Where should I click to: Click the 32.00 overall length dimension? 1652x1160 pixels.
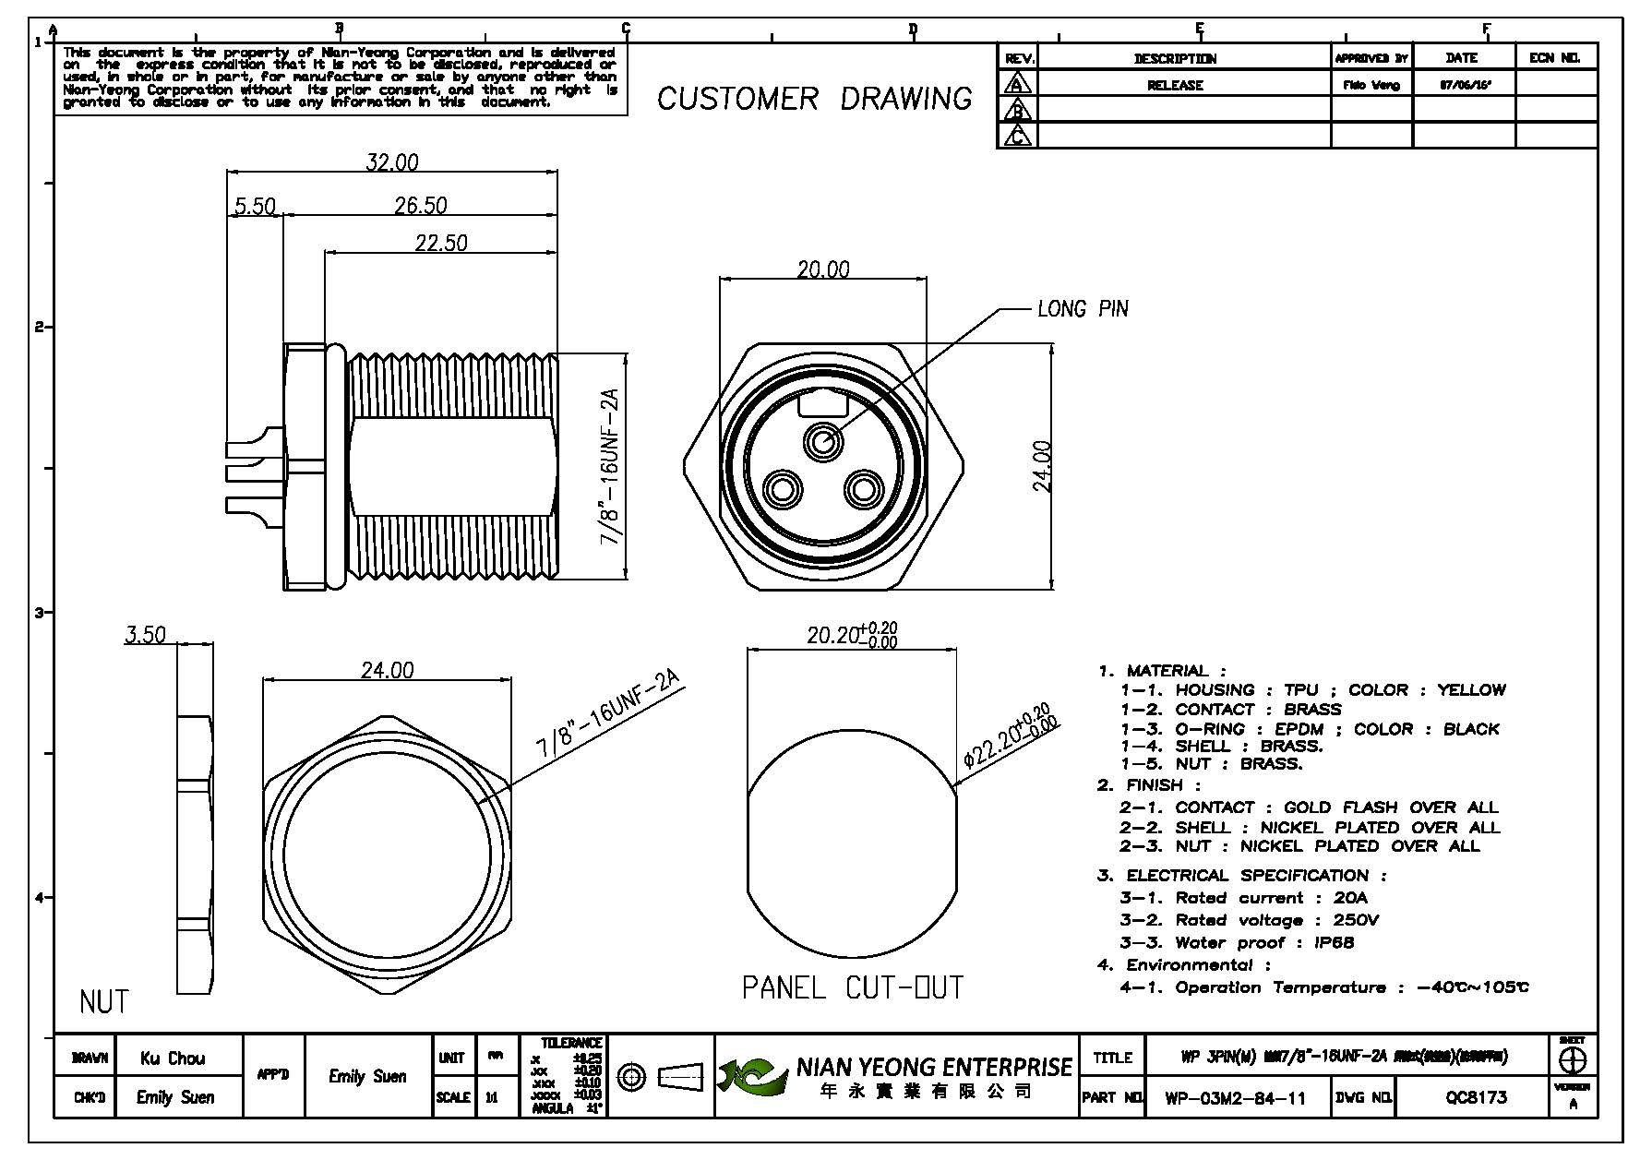392,162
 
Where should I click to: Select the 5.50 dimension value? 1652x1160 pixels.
255,206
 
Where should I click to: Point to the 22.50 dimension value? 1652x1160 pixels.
441,243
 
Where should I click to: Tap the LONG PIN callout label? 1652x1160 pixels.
1083,309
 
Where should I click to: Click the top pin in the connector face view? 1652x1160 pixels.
822,442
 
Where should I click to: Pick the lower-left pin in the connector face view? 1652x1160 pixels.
782,488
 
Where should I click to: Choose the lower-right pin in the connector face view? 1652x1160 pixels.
865,488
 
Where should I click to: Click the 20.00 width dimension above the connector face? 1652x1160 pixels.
823,269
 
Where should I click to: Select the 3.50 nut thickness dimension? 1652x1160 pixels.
146,635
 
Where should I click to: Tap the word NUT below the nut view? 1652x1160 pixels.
104,1001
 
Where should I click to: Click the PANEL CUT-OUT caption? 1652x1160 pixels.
853,988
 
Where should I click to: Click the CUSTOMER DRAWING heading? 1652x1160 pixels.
814,99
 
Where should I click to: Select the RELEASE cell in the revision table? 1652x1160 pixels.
1175,85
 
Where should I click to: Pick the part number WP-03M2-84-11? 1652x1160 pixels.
1235,1097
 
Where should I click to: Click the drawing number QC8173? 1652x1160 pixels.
1476,1097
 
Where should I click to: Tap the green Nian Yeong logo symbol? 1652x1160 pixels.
751,1076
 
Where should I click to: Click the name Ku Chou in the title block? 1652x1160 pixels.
173,1058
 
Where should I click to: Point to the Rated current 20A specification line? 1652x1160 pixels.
1243,898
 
